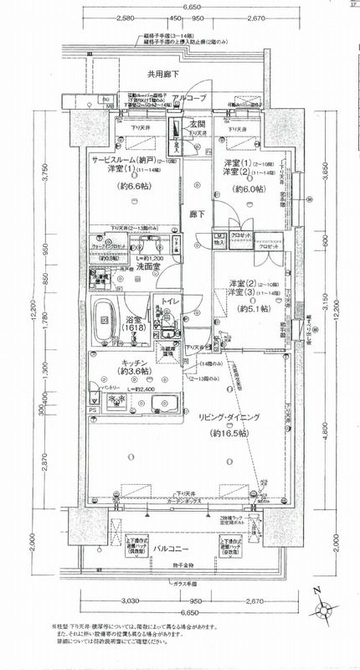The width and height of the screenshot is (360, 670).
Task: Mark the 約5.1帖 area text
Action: (251, 310)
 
